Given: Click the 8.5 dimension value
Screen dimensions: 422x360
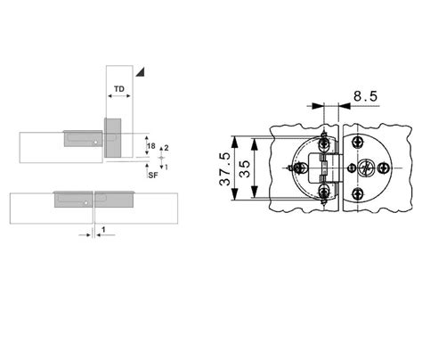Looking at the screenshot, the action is (x=365, y=96).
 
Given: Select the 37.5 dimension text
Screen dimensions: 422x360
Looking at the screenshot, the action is (x=224, y=168).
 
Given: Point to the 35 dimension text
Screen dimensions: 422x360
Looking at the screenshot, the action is (x=245, y=168).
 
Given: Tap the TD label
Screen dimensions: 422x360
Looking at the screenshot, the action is (x=119, y=89).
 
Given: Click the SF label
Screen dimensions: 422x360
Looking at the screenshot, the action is (x=153, y=176).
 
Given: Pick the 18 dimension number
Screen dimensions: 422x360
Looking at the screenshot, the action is (x=151, y=146).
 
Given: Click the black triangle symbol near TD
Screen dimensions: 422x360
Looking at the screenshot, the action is (x=140, y=72).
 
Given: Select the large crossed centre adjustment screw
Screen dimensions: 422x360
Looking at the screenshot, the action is (x=366, y=168).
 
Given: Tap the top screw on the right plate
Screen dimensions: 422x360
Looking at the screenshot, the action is (x=358, y=142).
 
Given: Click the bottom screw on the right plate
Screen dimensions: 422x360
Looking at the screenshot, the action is (x=357, y=194).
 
